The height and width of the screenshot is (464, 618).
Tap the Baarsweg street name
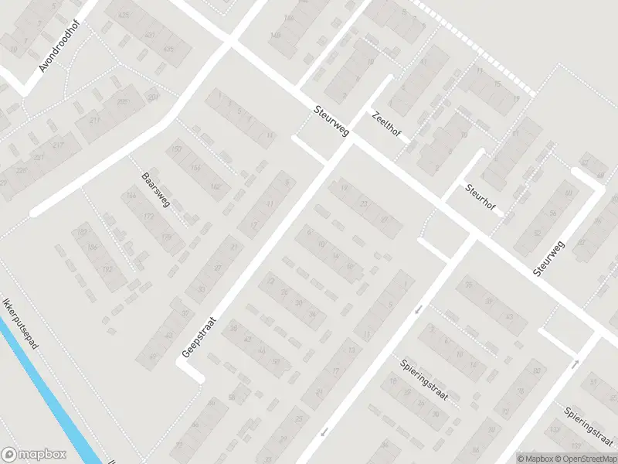pos(155,191)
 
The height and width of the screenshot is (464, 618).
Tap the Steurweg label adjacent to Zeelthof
pos(332,121)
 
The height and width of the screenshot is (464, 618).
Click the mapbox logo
pos(34,455)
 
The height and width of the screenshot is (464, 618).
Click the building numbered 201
pos(153,97)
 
